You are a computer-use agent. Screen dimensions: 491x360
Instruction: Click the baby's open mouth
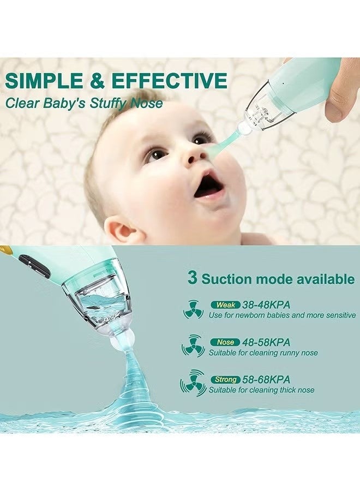coord(209,185)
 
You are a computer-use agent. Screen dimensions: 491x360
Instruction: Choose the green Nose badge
coord(225,342)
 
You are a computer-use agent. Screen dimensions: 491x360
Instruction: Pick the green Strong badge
coord(225,379)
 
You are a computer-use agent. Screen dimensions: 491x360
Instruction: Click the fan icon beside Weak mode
coord(193,310)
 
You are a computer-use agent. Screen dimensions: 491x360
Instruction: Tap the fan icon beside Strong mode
coord(193,384)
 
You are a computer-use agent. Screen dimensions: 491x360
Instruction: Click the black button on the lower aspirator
coord(34,266)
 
